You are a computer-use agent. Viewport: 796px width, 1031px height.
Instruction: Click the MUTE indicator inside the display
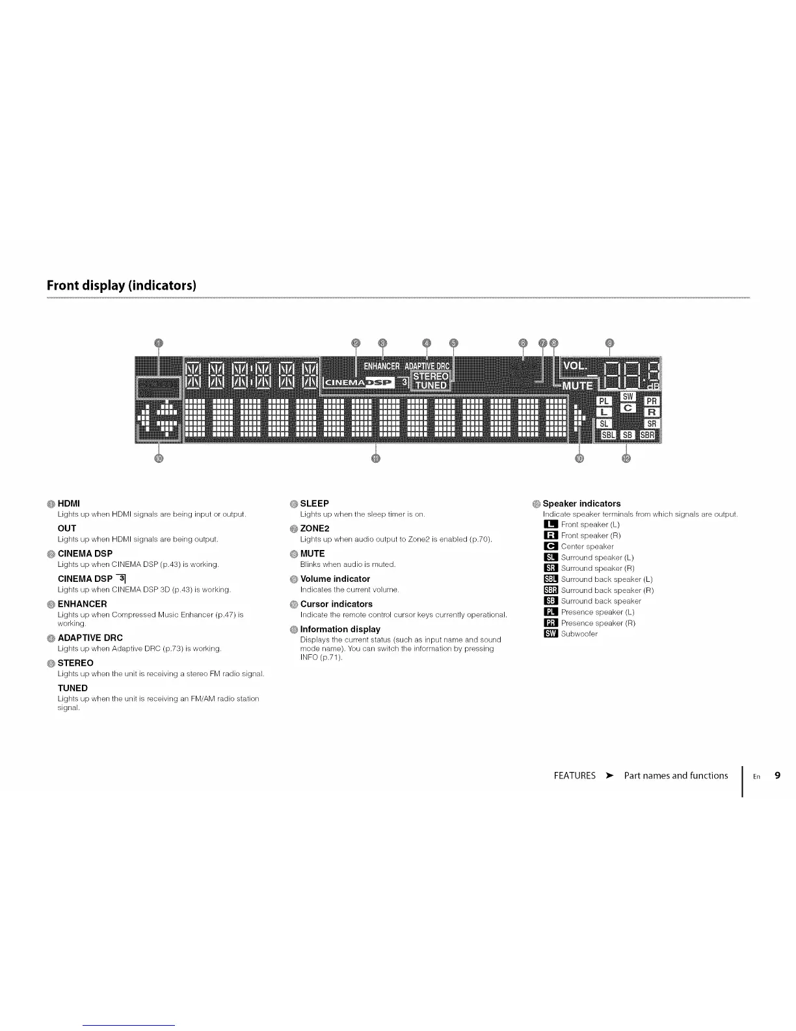coord(577,386)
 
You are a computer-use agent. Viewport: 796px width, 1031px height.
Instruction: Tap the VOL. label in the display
coord(574,366)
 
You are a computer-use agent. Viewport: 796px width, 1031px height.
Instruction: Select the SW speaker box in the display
coord(628,397)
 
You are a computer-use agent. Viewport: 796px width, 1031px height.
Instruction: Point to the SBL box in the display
coord(607,435)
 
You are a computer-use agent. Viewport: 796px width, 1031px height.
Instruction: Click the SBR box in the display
coord(648,435)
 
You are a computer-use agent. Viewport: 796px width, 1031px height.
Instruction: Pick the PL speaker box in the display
coord(604,402)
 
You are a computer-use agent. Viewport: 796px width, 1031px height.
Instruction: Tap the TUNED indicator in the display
coord(431,385)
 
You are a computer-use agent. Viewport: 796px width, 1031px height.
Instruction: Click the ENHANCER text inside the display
coord(381,366)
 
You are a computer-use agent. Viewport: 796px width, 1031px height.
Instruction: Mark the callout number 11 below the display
coord(375,458)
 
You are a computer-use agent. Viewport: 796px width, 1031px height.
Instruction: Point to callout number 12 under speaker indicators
coord(626,458)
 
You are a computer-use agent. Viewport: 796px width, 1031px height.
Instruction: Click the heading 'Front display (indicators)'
coord(122,286)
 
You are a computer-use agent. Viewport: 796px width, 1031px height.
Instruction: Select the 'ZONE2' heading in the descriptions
coord(315,529)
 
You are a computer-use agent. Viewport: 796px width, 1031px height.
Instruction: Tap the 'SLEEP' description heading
coord(314,504)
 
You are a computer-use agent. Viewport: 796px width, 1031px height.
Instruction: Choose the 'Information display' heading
coord(340,629)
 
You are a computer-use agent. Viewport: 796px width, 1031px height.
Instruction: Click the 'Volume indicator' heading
coord(335,579)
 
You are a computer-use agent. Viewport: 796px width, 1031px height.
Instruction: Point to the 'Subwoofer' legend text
coord(579,634)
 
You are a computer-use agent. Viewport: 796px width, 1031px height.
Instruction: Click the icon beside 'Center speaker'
coord(550,547)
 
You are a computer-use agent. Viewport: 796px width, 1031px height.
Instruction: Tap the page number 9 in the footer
coord(778,775)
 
